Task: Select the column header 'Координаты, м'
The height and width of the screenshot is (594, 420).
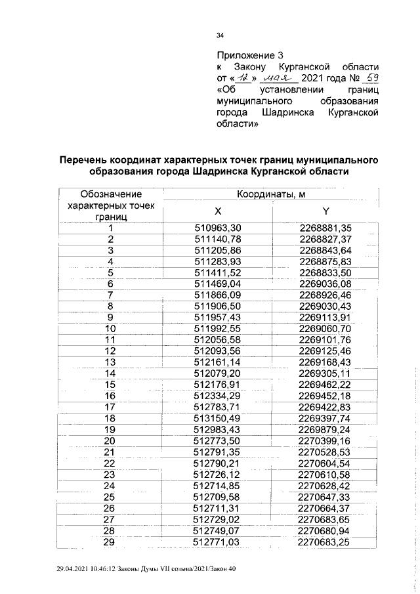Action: click(x=271, y=194)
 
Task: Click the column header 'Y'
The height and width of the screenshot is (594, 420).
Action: click(x=325, y=211)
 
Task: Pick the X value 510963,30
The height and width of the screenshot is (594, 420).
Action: click(x=219, y=228)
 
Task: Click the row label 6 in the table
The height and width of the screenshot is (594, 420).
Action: click(x=111, y=284)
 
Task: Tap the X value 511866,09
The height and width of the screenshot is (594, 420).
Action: click(x=219, y=295)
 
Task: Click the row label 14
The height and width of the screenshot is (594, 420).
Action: click(x=111, y=373)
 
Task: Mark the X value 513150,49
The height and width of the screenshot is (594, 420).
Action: click(x=219, y=418)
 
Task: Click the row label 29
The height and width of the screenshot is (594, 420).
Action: click(x=111, y=541)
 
